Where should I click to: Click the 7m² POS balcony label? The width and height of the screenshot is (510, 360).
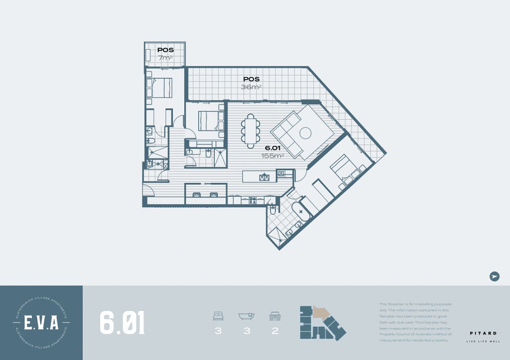pos(166,54)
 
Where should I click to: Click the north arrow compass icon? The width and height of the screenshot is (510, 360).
pos(494,276)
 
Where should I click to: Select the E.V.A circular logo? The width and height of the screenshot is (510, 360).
pos(41,322)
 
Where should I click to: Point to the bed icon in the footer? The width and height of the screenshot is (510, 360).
pos(217,315)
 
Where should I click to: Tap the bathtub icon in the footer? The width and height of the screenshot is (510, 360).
pos(246,315)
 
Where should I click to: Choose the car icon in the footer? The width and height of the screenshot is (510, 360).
pos(275,315)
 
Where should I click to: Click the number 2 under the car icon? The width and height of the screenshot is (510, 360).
pos(275,331)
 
